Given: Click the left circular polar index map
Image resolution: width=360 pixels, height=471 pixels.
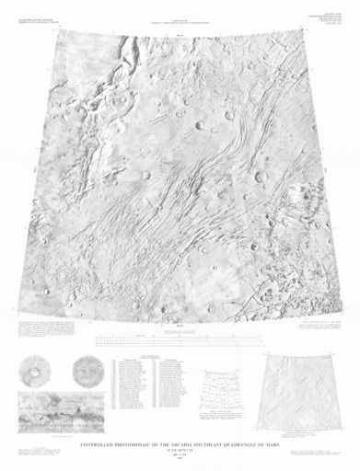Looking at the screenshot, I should [x=36, y=373].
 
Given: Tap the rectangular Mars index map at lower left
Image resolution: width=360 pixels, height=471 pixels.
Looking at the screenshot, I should [x=58, y=410].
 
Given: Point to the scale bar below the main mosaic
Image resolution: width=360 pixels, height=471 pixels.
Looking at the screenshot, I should [x=180, y=341].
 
